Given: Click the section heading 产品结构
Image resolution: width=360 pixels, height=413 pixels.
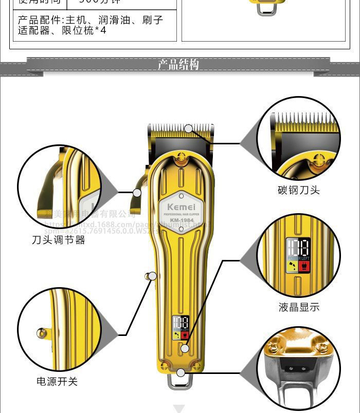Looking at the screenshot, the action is point(178,65).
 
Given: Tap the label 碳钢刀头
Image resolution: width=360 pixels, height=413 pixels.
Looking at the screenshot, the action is point(299,190).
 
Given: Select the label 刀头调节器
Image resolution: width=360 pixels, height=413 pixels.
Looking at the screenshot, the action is point(59,240).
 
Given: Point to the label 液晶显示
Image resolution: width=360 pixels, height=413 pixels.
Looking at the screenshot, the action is point(299,307).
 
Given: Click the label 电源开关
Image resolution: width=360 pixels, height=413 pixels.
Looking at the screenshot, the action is point(57,382).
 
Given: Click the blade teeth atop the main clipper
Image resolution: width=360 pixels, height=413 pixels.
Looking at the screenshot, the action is point(180,128).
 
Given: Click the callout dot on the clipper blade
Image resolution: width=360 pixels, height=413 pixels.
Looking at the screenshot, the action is point(189,128).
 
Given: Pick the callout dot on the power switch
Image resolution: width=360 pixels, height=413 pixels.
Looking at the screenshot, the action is point(152,276).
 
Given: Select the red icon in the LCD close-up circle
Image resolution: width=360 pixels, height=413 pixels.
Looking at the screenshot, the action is point(303,266).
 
